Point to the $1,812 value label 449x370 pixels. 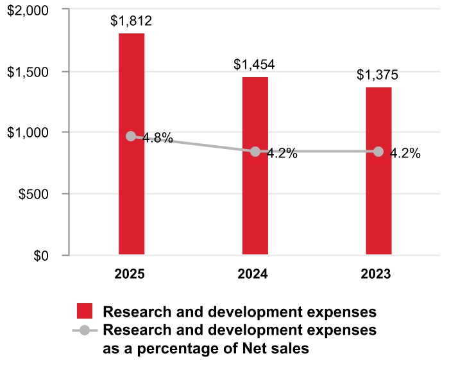click(x=131, y=21)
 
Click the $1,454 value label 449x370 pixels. click(x=255, y=64)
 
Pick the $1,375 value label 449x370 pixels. click(x=378, y=75)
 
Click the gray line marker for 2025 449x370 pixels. click(x=131, y=136)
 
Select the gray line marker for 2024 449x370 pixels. click(x=255, y=152)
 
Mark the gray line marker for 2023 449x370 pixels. click(x=378, y=152)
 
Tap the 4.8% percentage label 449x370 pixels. click(x=157, y=138)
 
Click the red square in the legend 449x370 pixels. click(x=85, y=312)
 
